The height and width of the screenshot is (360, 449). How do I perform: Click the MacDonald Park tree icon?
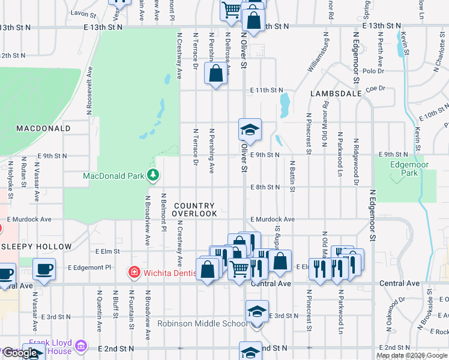[x=154, y=175]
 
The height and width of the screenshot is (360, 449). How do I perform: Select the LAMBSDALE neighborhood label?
[x=336, y=94]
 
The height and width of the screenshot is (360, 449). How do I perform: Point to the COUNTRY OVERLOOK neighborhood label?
[x=195, y=209]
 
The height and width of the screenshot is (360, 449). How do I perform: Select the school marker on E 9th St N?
[x=250, y=130]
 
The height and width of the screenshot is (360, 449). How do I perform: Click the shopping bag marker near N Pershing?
[x=216, y=74]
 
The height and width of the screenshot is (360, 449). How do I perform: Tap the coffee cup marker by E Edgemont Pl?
[x=44, y=269]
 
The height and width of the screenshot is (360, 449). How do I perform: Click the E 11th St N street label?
[x=267, y=90]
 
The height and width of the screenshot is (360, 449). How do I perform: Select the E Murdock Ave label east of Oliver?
[x=273, y=220]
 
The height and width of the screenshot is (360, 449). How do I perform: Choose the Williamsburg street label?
[x=319, y=55]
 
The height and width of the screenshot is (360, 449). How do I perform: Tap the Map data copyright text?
[x=411, y=355]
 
